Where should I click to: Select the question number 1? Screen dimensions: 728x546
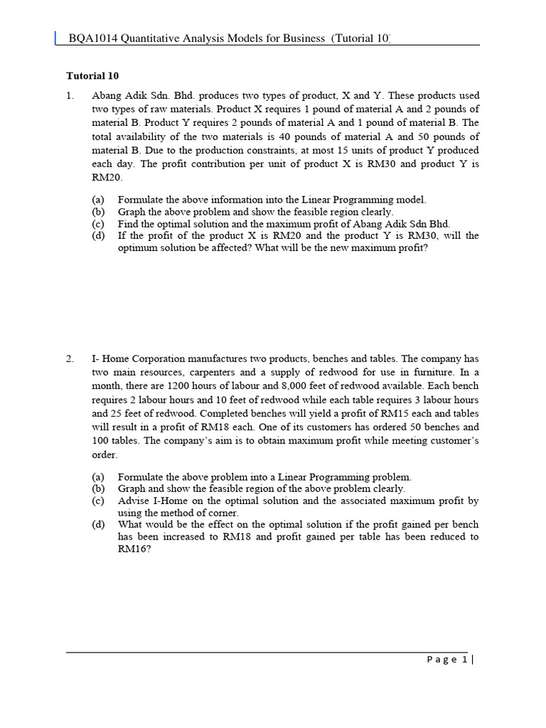(x=70, y=95)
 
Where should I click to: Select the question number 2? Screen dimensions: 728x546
(x=70, y=359)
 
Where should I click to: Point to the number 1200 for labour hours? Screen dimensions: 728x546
(x=178, y=386)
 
